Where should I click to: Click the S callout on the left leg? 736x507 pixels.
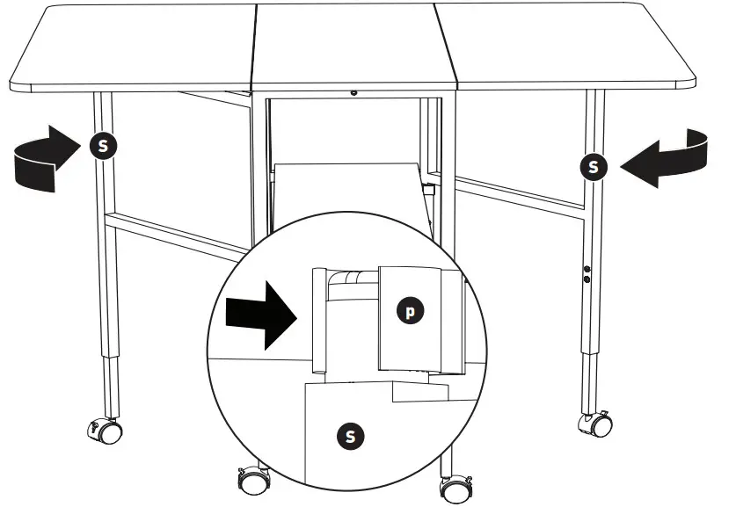[103, 145]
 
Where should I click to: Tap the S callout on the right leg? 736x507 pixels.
[595, 165]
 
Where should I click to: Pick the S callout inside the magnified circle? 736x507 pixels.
[350, 434]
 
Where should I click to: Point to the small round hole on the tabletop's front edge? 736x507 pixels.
[353, 92]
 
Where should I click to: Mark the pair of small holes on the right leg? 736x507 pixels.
[587, 274]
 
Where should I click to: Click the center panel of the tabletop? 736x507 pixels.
[353, 44]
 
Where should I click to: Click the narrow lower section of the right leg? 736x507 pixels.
[587, 378]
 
